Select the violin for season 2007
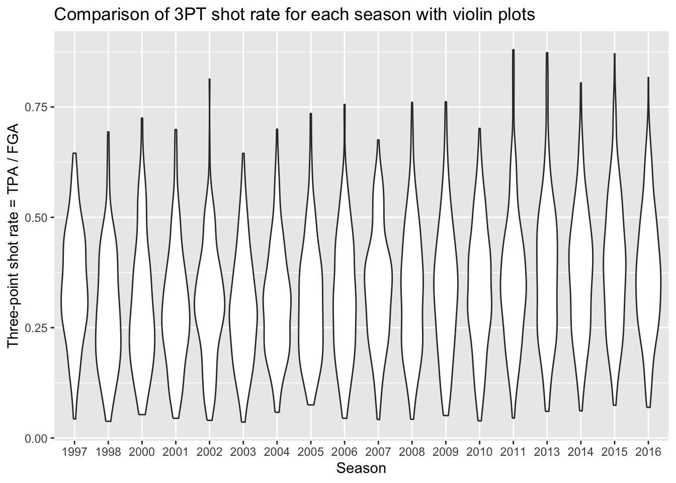pyautogui.click(x=378, y=272)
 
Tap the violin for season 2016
pyautogui.click(x=648, y=282)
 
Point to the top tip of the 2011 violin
pyautogui.click(x=513, y=50)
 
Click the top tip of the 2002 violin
pyautogui.click(x=209, y=79)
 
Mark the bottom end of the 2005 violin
pyautogui.click(x=311, y=404)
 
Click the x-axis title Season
pyautogui.click(x=361, y=468)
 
